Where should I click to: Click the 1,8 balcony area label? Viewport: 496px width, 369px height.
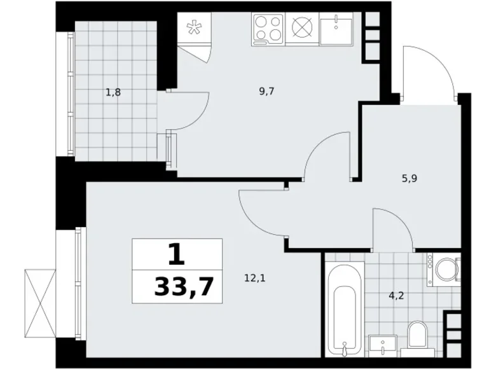click(x=113, y=93)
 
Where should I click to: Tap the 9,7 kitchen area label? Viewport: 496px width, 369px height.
click(x=266, y=92)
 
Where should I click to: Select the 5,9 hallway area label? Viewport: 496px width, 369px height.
click(x=410, y=179)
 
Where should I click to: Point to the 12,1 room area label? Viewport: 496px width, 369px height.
click(x=254, y=278)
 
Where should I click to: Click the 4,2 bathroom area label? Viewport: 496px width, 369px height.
click(x=396, y=296)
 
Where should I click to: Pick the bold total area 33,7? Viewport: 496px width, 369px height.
click(x=184, y=286)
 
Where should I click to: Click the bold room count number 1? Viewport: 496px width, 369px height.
click(x=176, y=254)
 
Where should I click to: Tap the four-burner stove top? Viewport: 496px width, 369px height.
click(x=268, y=29)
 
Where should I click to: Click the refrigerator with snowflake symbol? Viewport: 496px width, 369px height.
click(x=194, y=28)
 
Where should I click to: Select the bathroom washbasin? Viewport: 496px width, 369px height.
click(x=383, y=347)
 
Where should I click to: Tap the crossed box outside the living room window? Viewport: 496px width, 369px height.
click(x=40, y=303)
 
